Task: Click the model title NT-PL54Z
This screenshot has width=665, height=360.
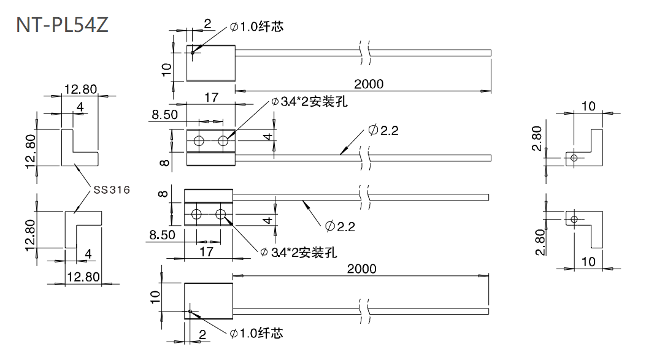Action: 63,25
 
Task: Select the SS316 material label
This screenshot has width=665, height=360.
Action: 111,190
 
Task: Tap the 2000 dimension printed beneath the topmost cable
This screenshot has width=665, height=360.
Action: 368,84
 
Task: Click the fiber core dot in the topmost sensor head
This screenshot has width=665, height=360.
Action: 192,52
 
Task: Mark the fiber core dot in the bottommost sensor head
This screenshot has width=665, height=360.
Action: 191,312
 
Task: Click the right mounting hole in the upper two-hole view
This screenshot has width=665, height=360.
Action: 223,142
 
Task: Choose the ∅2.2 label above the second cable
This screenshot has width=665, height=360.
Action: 383,130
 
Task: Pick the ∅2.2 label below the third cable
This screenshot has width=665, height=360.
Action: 340,226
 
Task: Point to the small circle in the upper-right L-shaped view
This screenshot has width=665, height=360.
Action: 574,158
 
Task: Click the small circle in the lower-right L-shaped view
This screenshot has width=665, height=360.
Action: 574,219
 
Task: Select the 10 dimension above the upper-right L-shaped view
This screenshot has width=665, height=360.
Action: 588,106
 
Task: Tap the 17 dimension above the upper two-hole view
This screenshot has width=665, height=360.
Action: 210,97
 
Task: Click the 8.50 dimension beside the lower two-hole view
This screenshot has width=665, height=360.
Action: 164,234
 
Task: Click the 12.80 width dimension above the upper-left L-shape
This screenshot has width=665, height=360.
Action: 80,90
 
